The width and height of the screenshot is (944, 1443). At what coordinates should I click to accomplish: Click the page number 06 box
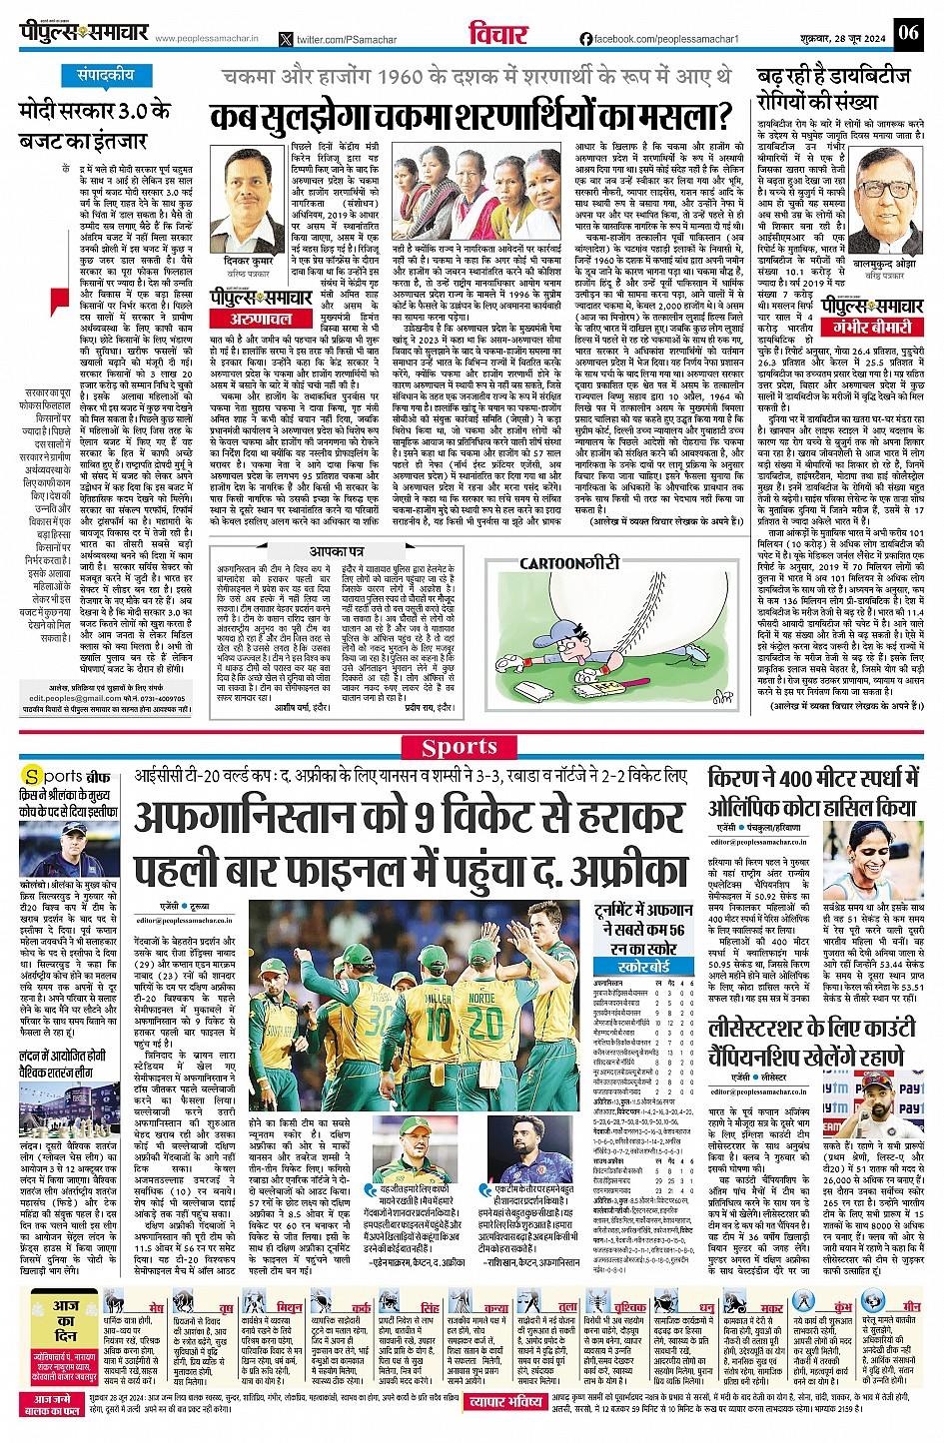(907, 32)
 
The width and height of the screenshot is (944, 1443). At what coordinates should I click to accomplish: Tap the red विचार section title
(498, 34)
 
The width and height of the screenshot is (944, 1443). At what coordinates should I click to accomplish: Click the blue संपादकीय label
(105, 76)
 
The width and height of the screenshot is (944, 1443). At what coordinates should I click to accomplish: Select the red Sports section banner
(460, 747)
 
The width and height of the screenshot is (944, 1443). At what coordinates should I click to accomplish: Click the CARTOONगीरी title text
(569, 563)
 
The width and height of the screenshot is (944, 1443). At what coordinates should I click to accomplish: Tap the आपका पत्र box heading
(336, 551)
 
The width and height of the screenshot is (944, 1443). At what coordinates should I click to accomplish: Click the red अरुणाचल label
(262, 319)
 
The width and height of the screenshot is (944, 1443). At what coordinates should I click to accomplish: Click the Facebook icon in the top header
(586, 38)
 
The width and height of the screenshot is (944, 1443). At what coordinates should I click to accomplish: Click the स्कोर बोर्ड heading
(643, 968)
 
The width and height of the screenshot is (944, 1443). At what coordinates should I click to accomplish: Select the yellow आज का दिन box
(65, 1327)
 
